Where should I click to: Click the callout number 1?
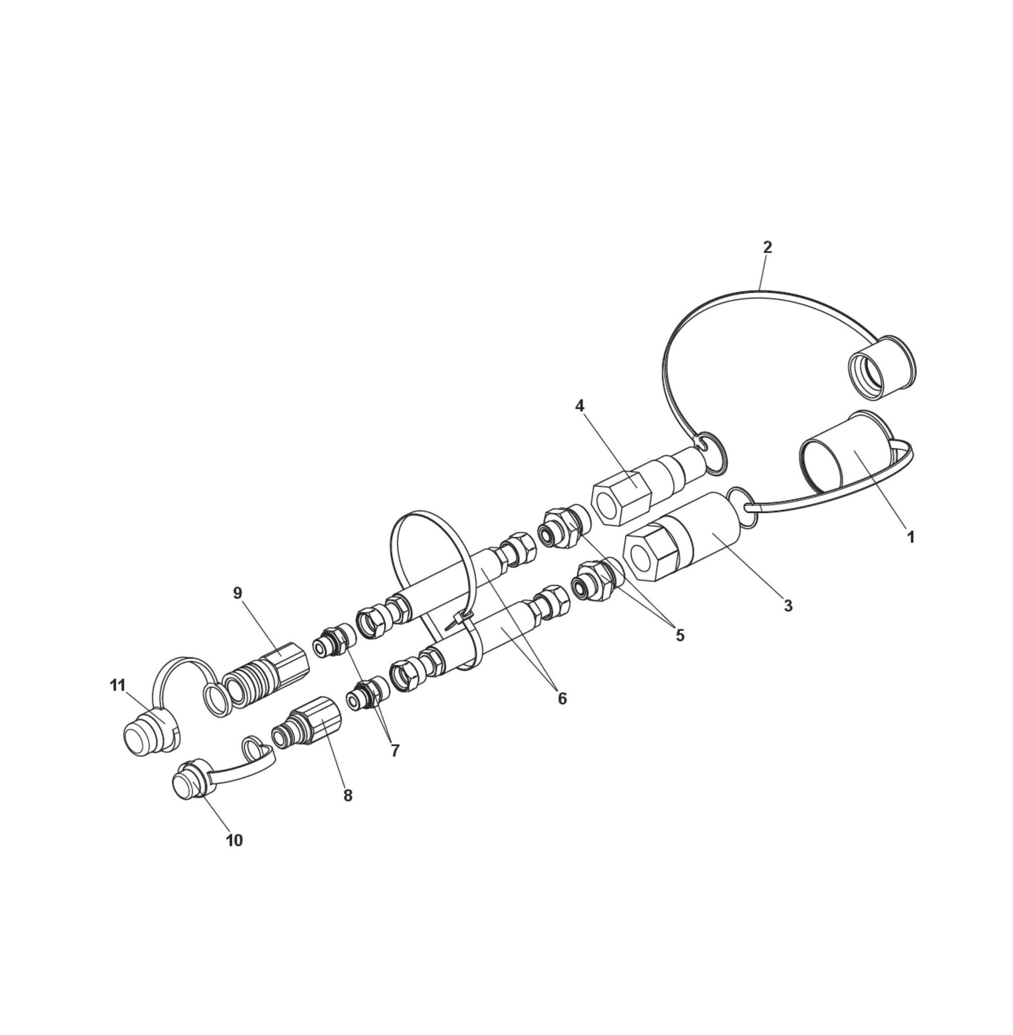click(x=910, y=537)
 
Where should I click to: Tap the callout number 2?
click(x=767, y=247)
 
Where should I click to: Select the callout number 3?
click(x=788, y=605)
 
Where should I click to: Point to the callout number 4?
click(x=579, y=407)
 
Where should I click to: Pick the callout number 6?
click(x=562, y=698)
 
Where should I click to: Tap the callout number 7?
click(x=395, y=751)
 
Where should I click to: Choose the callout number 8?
click(x=348, y=796)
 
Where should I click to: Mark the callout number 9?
click(x=238, y=594)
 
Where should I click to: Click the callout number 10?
click(x=235, y=841)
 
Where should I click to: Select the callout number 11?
click(x=118, y=685)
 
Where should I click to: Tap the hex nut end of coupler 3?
click(x=650, y=553)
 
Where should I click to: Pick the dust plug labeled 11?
click(x=146, y=731)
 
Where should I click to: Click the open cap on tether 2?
click(x=881, y=367)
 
